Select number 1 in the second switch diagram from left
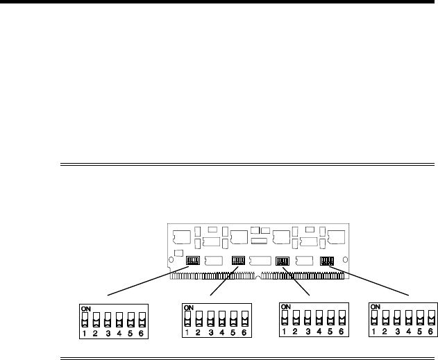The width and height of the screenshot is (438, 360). [187, 333]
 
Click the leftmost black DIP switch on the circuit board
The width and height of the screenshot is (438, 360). [194, 260]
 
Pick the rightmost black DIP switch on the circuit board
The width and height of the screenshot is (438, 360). [327, 261]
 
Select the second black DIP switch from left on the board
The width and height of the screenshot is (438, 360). [238, 260]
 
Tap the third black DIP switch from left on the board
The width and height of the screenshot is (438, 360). [283, 261]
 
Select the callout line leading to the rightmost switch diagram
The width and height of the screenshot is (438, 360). [378, 281]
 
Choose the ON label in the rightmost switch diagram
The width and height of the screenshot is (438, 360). [376, 306]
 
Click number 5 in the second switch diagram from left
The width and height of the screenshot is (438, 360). [233, 333]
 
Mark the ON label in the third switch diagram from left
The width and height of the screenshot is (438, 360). [285, 306]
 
